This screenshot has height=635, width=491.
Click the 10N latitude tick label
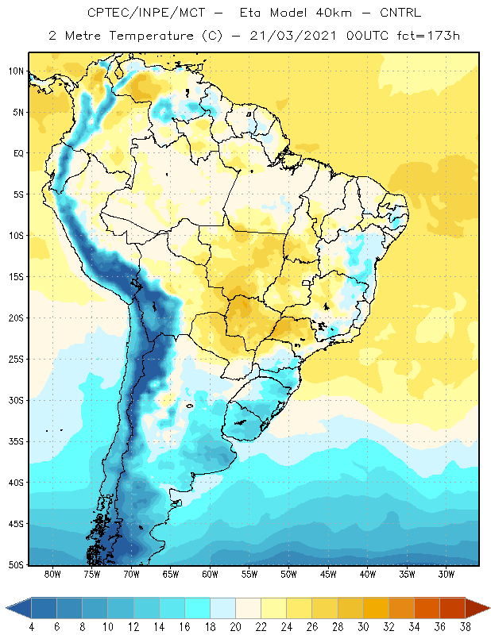(x=16, y=71)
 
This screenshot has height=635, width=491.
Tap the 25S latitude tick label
(x=16, y=360)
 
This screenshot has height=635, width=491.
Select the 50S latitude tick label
(x=16, y=565)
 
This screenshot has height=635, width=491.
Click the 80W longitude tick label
(x=52, y=574)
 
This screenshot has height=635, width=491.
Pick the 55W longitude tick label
(x=249, y=574)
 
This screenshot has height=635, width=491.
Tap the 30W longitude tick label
(x=447, y=574)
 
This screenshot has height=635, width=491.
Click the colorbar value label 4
(x=31, y=627)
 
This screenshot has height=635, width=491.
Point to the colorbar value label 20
(x=235, y=627)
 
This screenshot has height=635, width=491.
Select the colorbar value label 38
(x=466, y=627)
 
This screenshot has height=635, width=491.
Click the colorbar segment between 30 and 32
(x=376, y=608)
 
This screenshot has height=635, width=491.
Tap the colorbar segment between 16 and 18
(x=198, y=608)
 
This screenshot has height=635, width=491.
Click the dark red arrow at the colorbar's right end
(x=476, y=608)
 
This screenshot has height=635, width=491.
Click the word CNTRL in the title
(x=400, y=13)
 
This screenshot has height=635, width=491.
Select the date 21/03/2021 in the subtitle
(x=293, y=36)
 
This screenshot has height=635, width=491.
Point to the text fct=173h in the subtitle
(x=428, y=36)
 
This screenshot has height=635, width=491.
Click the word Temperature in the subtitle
(x=151, y=37)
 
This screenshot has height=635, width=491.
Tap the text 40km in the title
(x=334, y=13)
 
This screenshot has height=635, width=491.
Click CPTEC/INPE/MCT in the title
(x=146, y=13)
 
